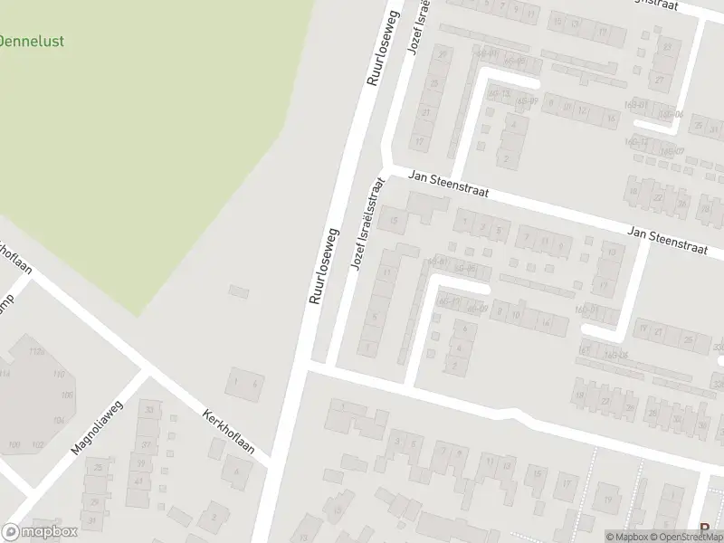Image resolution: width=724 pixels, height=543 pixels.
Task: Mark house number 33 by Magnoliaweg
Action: (149, 410)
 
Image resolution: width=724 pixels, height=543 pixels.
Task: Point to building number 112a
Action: (37, 351)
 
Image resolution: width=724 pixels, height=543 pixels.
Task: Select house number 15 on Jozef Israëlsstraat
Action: (393, 220)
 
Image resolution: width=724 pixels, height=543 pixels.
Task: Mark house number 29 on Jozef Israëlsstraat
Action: (443, 54)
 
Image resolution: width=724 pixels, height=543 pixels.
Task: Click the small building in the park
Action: (239, 291)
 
